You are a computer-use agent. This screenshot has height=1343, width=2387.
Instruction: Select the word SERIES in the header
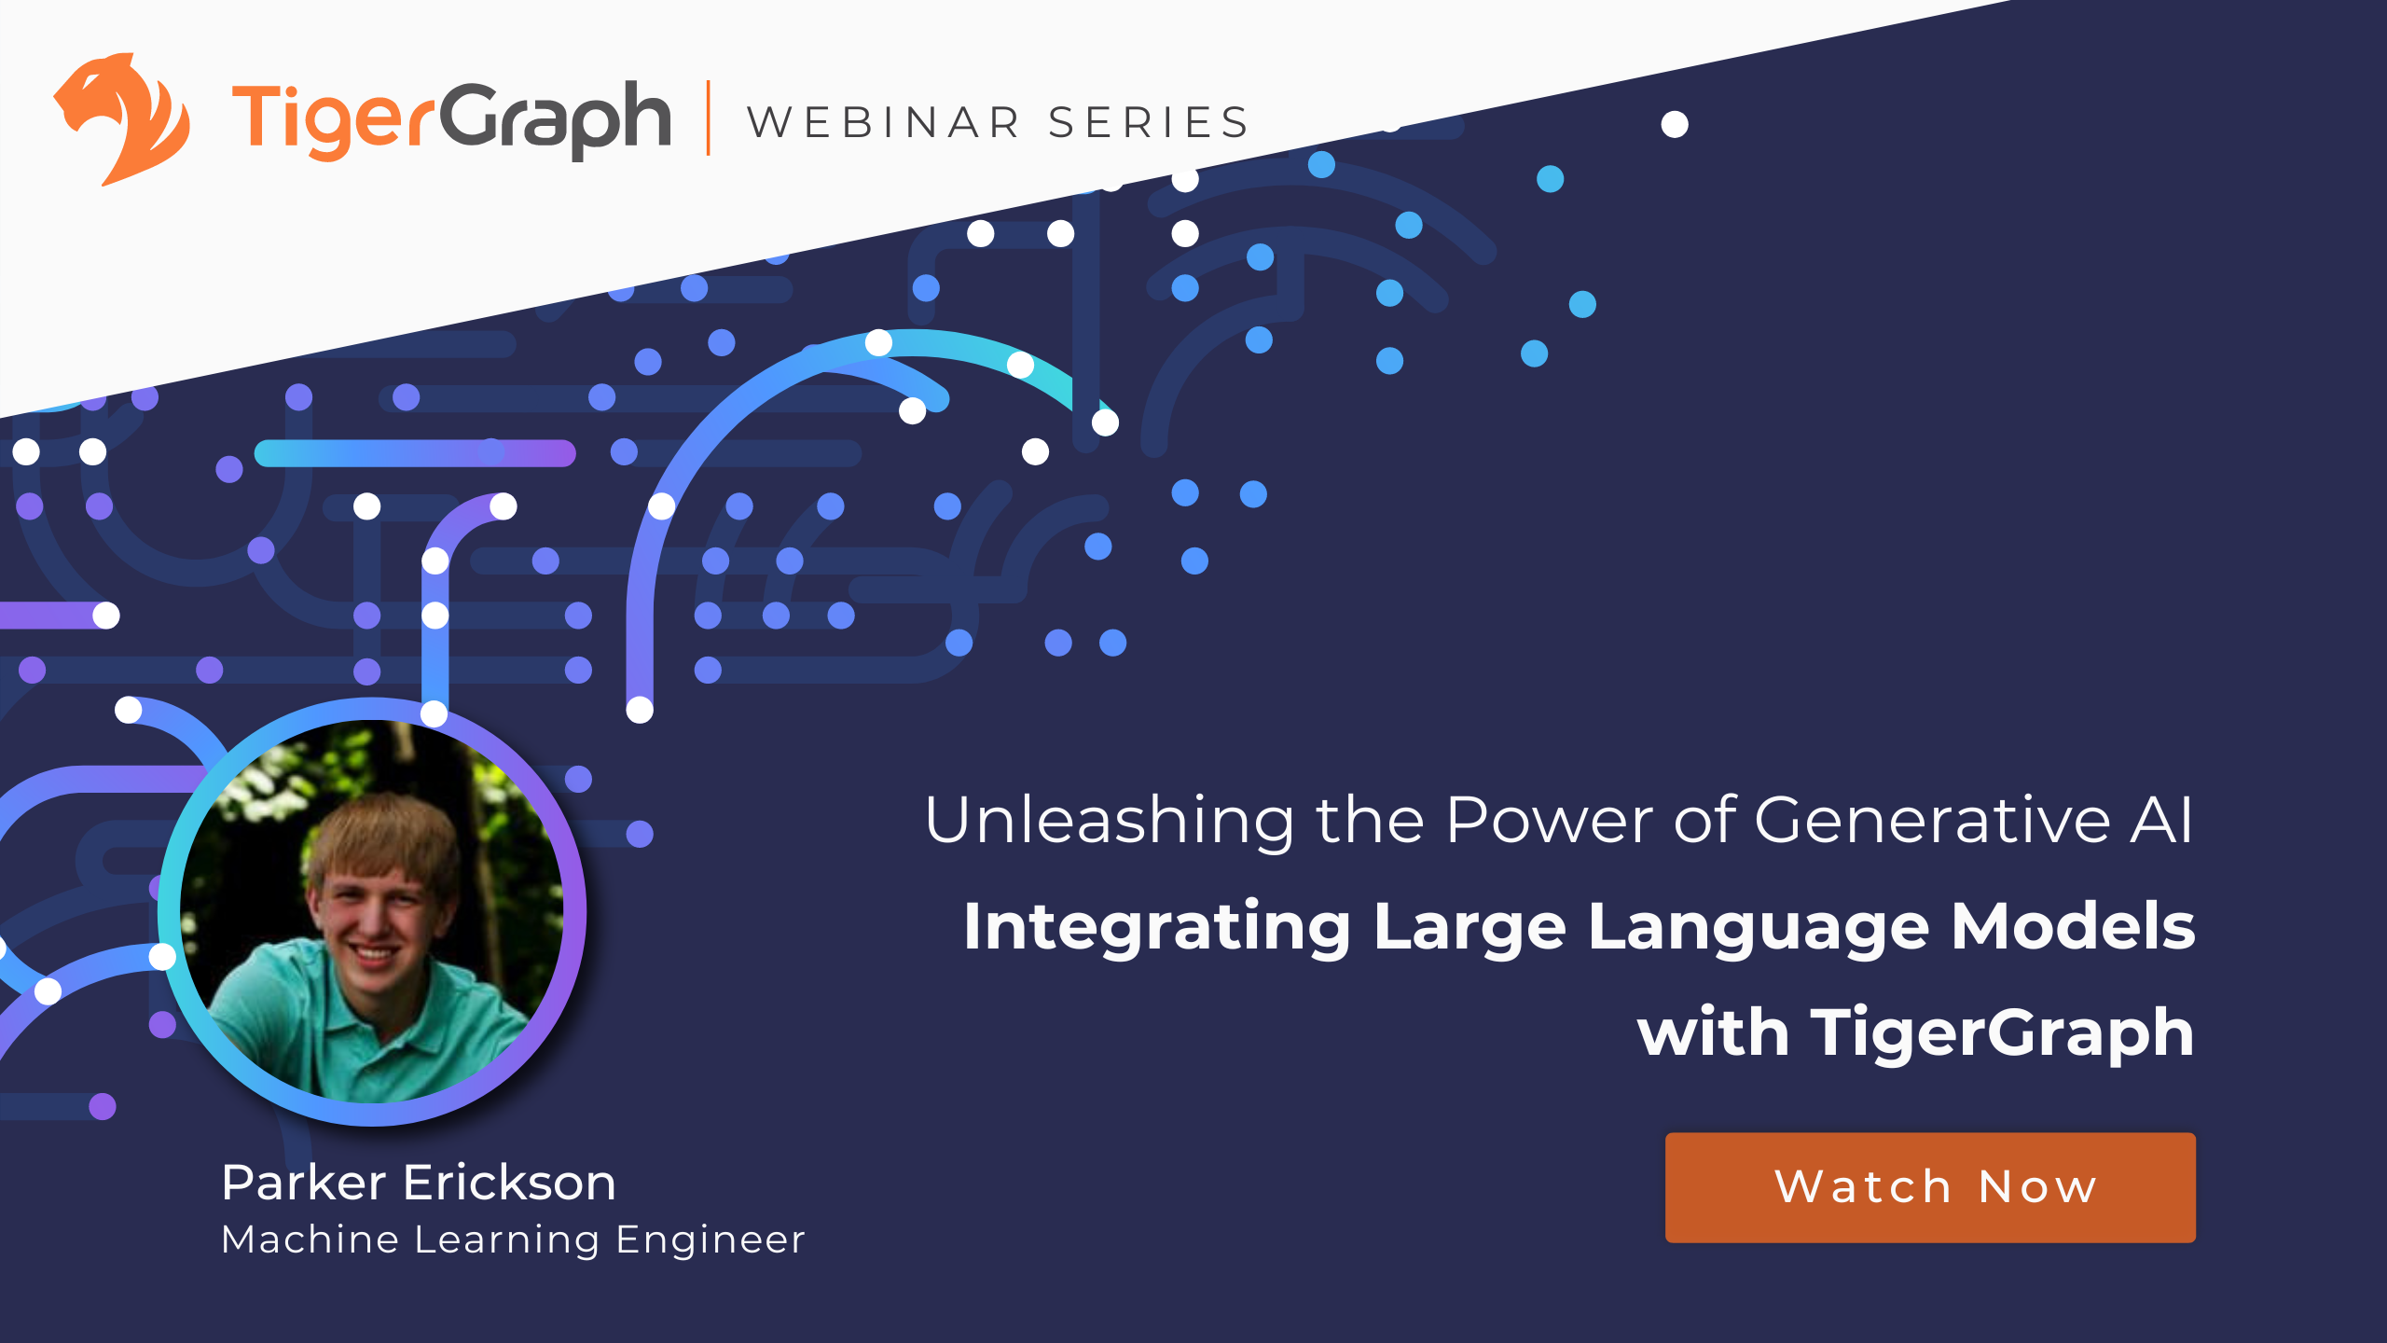[x=1149, y=123]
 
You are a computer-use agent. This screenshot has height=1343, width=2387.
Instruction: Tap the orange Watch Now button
[x=1930, y=1187]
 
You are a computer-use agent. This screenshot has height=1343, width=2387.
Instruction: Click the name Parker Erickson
[x=419, y=1183]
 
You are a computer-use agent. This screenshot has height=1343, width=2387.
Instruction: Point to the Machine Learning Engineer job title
[x=513, y=1239]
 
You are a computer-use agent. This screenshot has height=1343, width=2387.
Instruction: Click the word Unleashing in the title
[x=1109, y=821]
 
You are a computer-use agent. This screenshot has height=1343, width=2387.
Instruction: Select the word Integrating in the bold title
[x=1156, y=928]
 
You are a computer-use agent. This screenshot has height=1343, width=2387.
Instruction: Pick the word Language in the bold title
[x=1758, y=928]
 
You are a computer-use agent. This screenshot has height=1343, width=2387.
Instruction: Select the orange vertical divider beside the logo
[x=709, y=118]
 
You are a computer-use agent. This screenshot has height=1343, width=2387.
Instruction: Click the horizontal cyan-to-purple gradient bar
[x=415, y=453]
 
